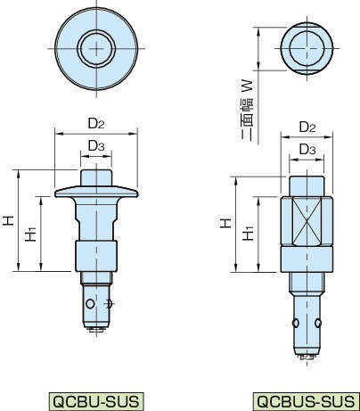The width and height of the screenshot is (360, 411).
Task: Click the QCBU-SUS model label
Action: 95,401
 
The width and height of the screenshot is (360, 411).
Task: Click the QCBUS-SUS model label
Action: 306,401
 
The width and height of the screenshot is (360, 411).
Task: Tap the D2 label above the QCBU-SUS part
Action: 96,123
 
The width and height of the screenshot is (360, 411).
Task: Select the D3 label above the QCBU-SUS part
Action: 96,145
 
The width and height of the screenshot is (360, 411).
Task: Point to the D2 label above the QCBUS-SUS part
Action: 307,127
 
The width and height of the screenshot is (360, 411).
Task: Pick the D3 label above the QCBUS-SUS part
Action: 307,149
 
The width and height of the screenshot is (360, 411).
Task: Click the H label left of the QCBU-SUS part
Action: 9,221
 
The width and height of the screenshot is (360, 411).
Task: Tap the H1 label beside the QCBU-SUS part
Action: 30,234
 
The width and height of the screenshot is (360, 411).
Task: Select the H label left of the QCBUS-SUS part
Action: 225,223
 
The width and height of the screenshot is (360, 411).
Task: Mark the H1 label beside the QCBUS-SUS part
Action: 248,233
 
